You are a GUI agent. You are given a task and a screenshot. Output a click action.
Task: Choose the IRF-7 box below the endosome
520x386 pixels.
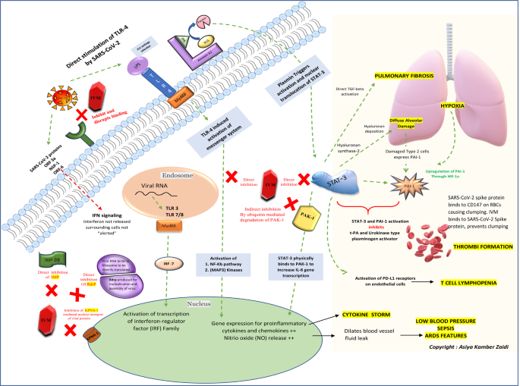[x=168, y=264]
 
